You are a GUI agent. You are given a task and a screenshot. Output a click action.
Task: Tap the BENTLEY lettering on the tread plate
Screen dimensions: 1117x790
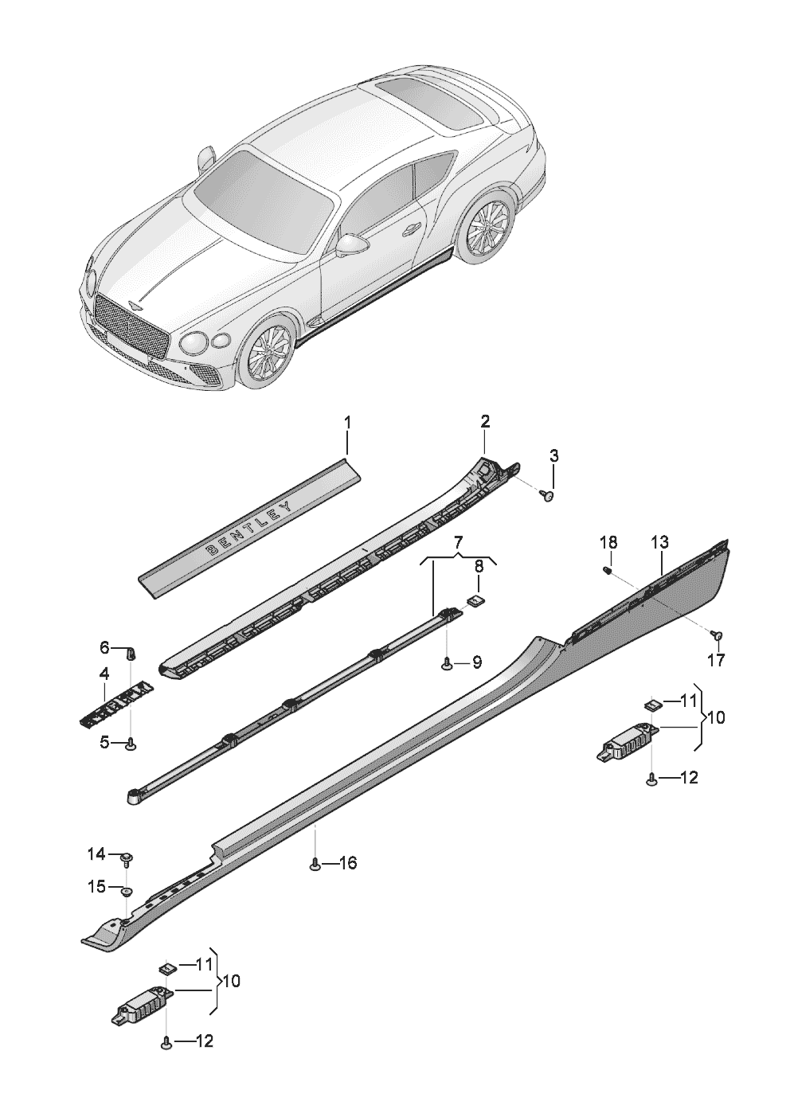point(248,527)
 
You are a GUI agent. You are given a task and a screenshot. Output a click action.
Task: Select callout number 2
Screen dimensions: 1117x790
point(484,421)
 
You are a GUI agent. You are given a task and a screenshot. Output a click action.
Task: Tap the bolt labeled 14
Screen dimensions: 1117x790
point(127,858)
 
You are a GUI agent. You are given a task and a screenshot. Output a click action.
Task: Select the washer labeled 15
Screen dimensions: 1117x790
point(127,890)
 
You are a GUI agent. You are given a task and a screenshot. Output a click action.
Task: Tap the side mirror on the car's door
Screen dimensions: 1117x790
point(350,244)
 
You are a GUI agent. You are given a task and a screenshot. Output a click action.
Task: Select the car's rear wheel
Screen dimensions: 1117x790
point(487,224)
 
